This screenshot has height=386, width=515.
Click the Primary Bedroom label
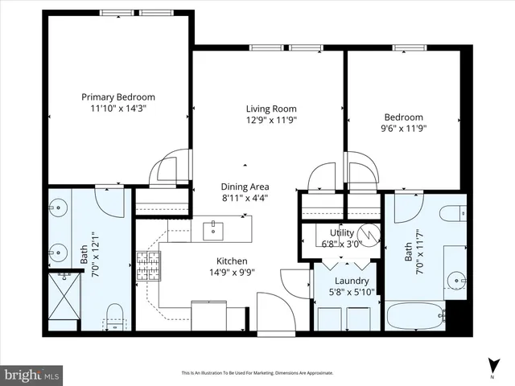(x=118, y=96)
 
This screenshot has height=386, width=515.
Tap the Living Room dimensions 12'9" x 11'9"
(x=271, y=121)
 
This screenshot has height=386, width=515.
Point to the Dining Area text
(x=245, y=187)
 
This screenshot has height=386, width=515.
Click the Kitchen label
(x=231, y=261)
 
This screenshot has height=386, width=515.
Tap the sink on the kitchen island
(x=214, y=231)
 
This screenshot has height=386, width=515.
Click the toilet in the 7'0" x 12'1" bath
(x=115, y=314)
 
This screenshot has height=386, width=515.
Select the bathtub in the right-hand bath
(x=414, y=315)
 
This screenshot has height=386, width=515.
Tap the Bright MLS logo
(x=31, y=375)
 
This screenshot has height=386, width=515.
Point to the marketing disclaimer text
(x=257, y=373)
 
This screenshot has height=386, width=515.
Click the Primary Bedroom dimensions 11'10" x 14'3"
(x=118, y=108)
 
